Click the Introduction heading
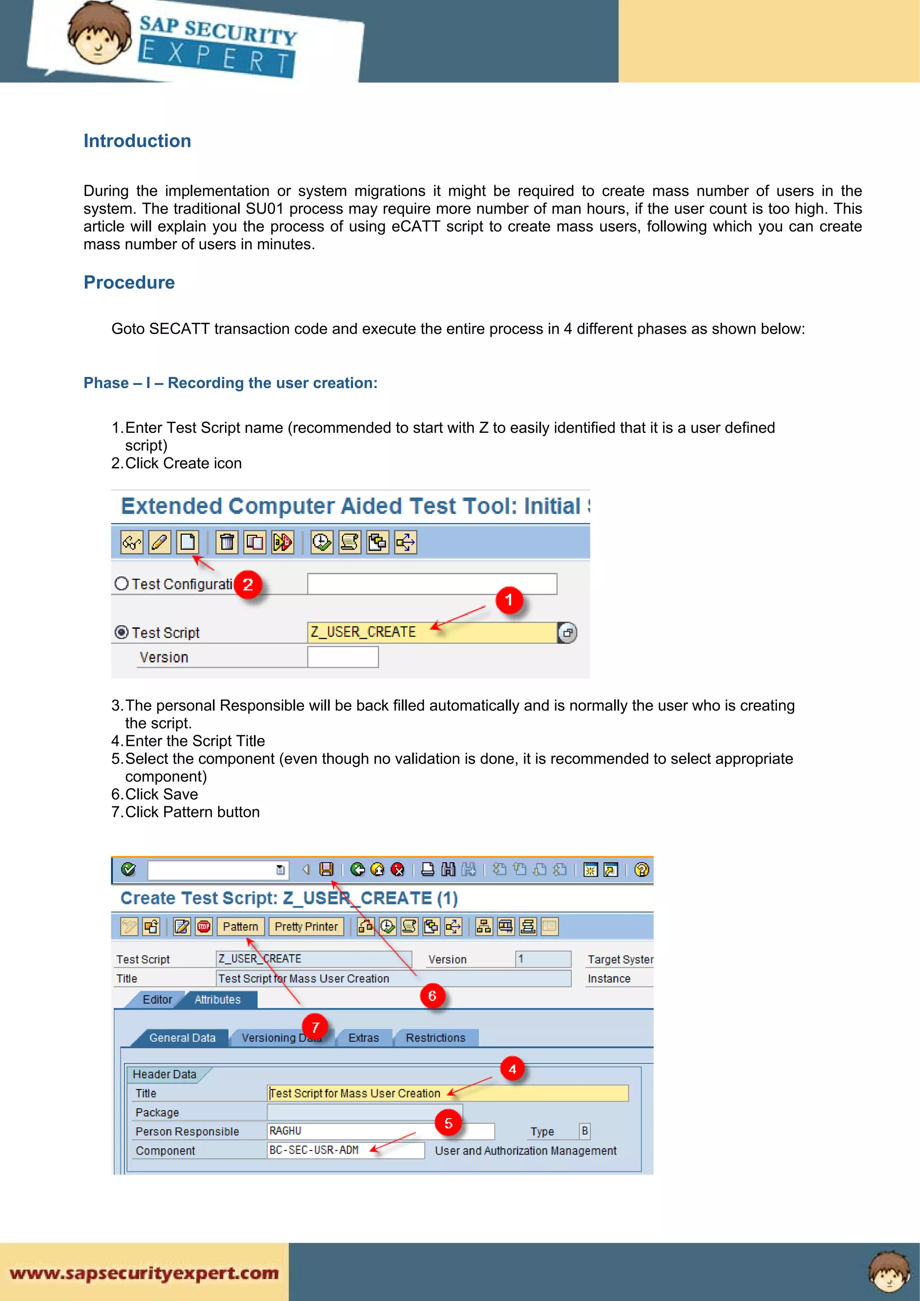[137, 141]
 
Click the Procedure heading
[129, 282]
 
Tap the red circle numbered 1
[509, 600]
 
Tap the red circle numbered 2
[248, 585]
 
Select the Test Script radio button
[121, 632]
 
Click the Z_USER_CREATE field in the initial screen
[431, 632]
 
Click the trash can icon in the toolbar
[227, 542]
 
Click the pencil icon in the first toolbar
[160, 542]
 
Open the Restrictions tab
[435, 1037]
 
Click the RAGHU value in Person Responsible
[285, 1131]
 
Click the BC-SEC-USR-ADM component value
[314, 1150]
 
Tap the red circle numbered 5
[448, 1123]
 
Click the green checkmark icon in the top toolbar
[128, 869]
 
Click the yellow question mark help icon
[641, 869]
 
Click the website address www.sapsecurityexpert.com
[144, 1273]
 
